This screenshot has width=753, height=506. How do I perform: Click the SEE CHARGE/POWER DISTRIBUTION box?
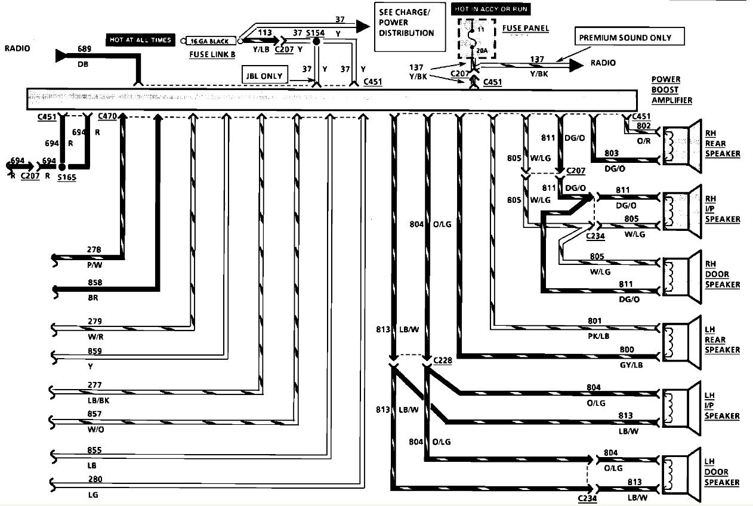pos(410,26)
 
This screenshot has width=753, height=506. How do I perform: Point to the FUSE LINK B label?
pos(212,54)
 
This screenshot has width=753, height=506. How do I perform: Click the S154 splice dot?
pos(317,42)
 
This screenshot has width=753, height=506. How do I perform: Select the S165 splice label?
pos(67,177)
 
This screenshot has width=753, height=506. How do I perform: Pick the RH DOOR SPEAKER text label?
pos(722,273)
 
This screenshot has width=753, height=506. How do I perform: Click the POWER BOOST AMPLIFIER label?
pos(671,90)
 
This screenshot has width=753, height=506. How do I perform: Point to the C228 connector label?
pos(443,360)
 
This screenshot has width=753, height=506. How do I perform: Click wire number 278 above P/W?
pos(94,249)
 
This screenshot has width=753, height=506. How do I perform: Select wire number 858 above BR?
pos(94,282)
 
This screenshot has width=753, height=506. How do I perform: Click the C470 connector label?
pos(107,117)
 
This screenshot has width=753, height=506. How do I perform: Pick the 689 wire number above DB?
pos(84,48)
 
